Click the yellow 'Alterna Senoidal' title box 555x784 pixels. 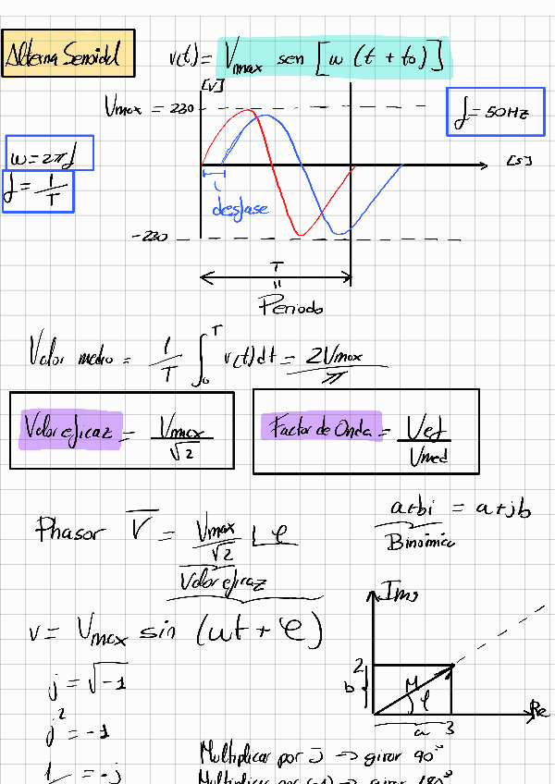point(68,55)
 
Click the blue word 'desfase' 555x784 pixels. point(240,209)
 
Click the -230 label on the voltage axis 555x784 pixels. point(150,238)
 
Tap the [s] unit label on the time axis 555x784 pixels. point(519,163)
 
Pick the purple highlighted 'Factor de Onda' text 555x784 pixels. point(319,428)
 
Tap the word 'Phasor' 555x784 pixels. point(72,530)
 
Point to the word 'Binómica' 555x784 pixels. point(420,543)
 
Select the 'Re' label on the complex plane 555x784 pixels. point(539,709)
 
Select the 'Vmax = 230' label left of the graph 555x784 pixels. point(148,109)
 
